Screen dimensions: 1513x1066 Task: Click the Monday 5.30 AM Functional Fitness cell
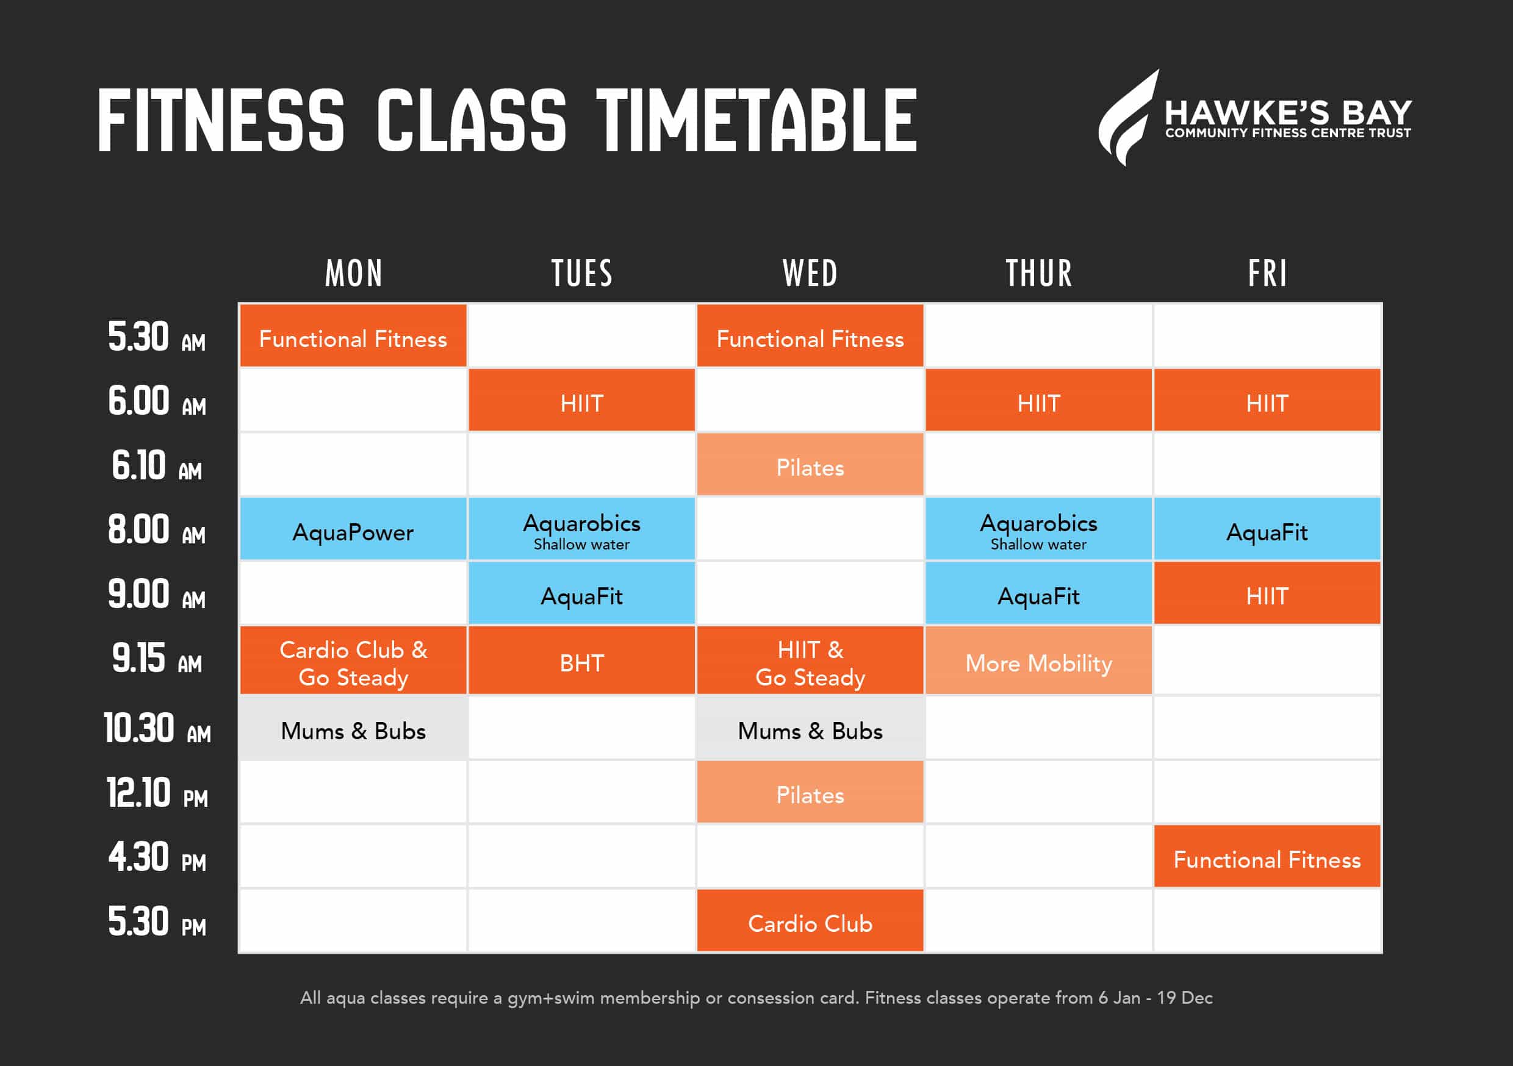353,335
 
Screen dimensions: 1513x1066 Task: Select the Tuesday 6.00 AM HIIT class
582,400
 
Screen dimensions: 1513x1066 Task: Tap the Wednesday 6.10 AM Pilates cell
810,464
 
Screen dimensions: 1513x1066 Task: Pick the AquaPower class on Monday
353,528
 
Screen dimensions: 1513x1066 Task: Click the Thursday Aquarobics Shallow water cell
1038,528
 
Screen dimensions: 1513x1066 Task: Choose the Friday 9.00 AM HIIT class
1267,592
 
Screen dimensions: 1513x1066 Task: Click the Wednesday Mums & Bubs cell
810,728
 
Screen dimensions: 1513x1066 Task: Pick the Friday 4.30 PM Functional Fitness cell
1267,856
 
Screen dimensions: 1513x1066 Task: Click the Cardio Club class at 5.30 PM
810,920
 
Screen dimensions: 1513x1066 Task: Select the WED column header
810,273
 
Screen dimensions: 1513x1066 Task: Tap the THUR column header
1038,273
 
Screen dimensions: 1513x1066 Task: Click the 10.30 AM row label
157,729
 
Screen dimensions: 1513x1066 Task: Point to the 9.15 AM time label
157,658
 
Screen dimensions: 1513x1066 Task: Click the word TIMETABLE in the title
756,121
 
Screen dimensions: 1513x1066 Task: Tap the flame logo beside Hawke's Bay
1127,117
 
